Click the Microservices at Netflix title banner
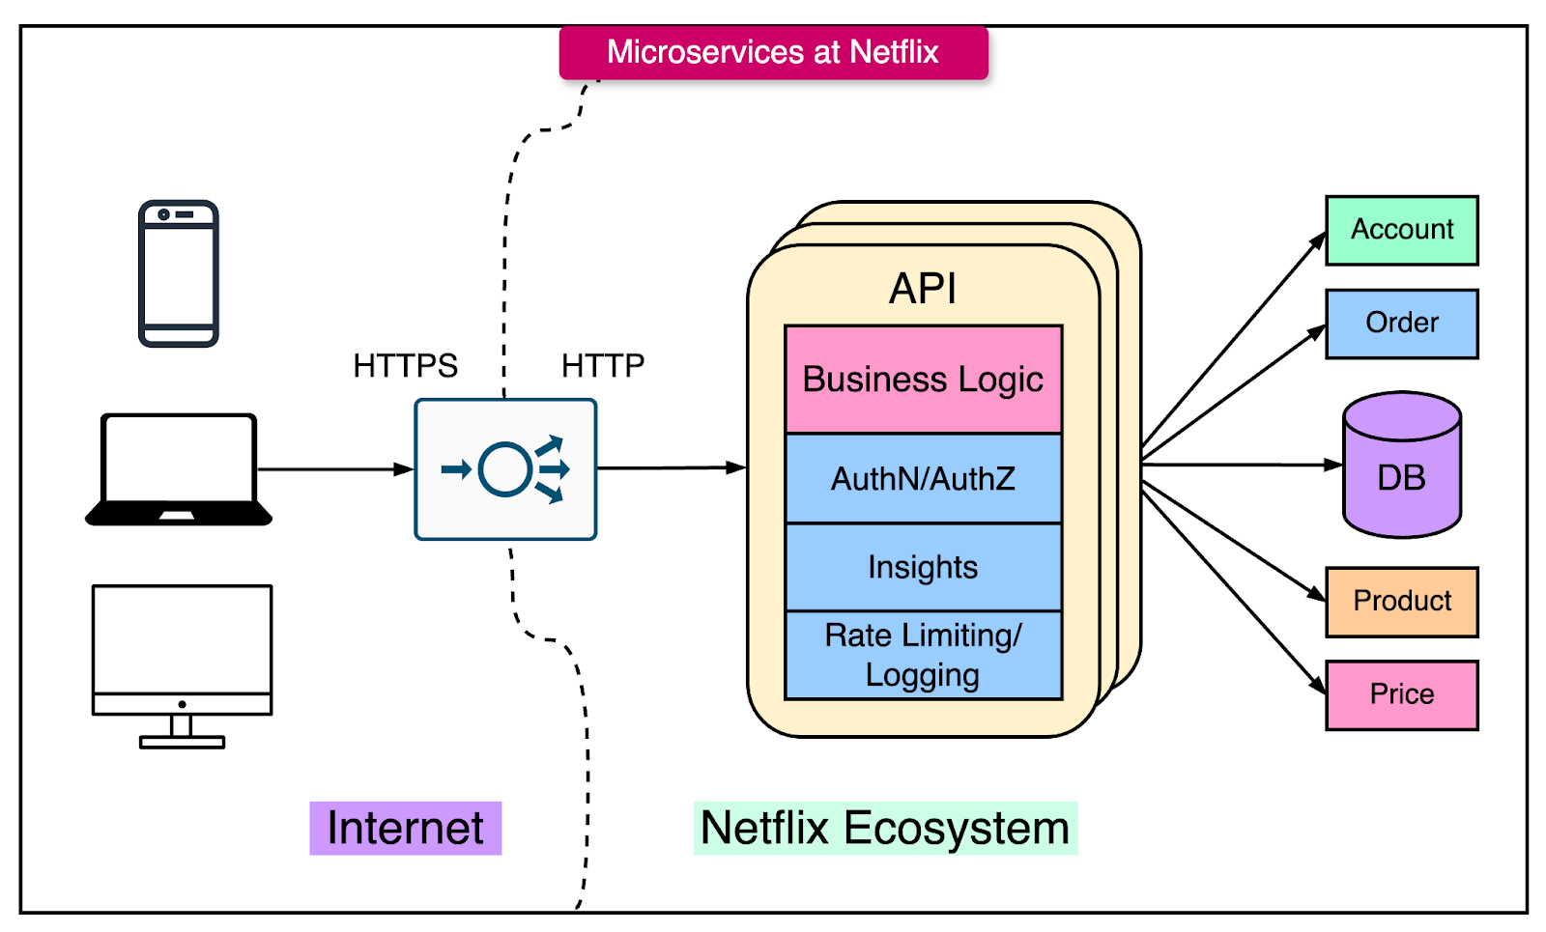[773, 52]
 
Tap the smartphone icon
[179, 273]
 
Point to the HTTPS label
[405, 366]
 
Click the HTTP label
[602, 366]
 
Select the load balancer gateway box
[505, 469]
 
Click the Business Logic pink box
[923, 380]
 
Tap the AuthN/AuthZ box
[923, 479]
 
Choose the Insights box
[923, 567]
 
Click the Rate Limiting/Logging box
[923, 655]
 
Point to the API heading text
[923, 289]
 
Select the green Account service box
[1401, 230]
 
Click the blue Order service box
[1401, 324]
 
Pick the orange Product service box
[1401, 602]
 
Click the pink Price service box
[1401, 694]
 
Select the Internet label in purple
[405, 828]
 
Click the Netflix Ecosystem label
[885, 828]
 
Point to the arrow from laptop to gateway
[333, 469]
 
